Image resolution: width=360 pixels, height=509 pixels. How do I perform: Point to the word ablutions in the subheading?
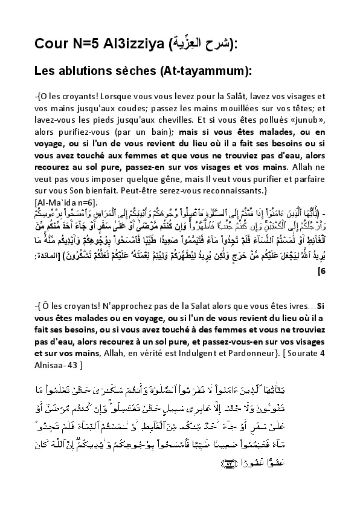click(x=90, y=71)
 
